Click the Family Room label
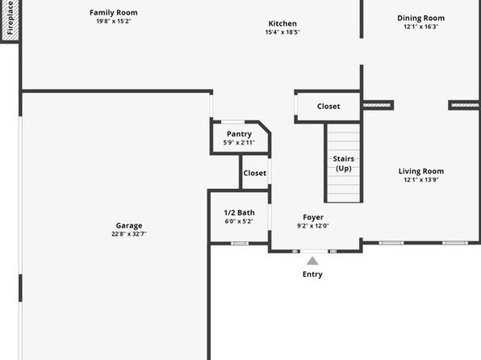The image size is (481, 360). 114,13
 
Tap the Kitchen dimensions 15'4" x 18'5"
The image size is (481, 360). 282,32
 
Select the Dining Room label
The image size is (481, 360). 421,18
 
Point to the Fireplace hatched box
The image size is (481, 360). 10,20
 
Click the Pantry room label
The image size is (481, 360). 239,134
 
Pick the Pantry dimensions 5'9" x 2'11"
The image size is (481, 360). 239,142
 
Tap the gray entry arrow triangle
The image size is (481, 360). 312,261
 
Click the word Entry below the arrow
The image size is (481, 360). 312,274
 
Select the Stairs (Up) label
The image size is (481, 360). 344,164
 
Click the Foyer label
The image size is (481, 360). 313,217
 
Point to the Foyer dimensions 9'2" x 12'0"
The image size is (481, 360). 313,226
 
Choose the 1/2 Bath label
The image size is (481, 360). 239,212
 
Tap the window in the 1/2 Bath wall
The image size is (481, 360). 240,244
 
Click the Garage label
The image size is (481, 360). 129,225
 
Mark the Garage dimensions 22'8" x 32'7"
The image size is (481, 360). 129,234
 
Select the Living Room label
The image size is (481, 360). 421,171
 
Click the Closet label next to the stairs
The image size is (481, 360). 328,107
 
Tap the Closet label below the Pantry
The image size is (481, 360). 254,173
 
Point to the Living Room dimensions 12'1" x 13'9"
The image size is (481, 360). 421,180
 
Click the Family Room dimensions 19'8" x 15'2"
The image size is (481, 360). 114,21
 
